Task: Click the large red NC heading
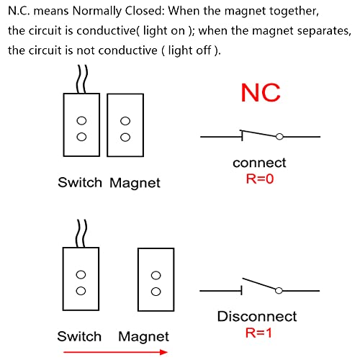click(260, 94)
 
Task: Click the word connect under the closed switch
click(259, 163)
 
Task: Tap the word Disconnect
click(256, 316)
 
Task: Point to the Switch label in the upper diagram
click(80, 183)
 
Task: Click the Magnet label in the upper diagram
click(135, 183)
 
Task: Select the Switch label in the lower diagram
click(79, 336)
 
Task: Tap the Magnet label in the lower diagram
click(143, 336)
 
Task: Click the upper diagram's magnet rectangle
click(125, 125)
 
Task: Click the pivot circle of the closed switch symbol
click(279, 136)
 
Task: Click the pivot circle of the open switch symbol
click(279, 289)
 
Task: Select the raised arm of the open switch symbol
click(259, 284)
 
